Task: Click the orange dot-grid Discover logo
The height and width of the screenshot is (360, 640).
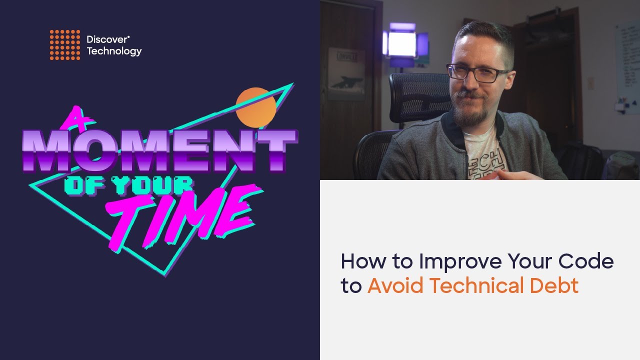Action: [x=64, y=45]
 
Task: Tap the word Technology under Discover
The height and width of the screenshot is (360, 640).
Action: [x=114, y=51]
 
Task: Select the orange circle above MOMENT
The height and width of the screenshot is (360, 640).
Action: [x=255, y=106]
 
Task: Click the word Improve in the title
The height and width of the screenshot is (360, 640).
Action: [x=460, y=262]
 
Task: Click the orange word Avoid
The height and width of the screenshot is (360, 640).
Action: [x=395, y=285]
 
